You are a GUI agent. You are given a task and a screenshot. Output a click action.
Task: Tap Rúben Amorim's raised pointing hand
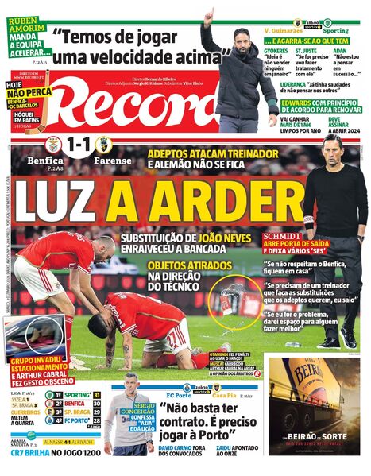(x=208, y=17)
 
